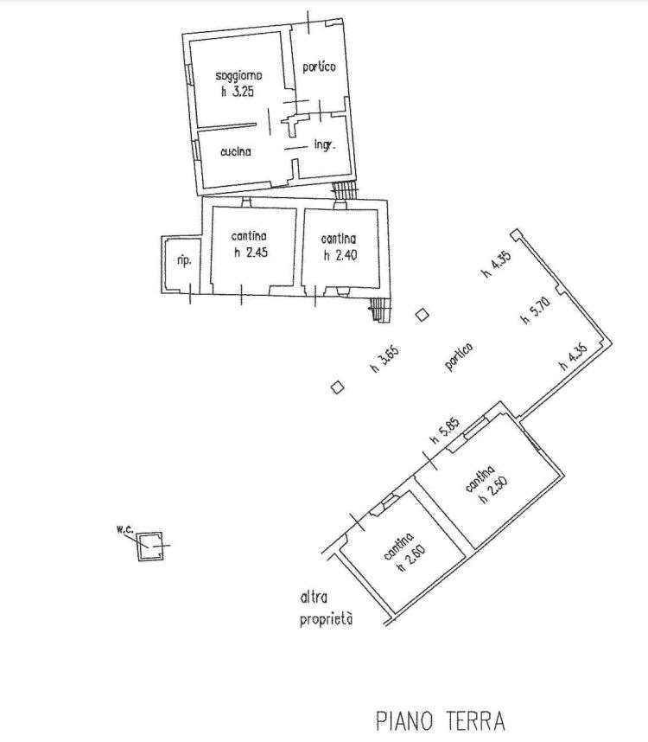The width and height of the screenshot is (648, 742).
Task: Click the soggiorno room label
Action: tap(238, 76)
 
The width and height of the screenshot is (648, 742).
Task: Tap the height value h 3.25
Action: tap(238, 92)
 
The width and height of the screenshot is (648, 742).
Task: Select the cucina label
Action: tap(236, 152)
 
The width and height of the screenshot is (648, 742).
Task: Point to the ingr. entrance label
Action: tap(325, 144)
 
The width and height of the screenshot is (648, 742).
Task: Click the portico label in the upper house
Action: tap(319, 67)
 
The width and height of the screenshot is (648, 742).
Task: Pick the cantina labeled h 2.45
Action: tap(249, 236)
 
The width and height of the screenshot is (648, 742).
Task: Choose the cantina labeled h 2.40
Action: tap(339, 239)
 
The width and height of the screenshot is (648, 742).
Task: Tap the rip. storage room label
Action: tap(184, 261)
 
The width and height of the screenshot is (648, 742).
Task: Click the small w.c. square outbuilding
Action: tap(150, 546)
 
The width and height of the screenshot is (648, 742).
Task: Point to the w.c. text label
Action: tap(124, 529)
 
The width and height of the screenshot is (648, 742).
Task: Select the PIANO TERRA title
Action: tap(441, 721)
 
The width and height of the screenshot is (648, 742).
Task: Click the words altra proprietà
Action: tap(326, 609)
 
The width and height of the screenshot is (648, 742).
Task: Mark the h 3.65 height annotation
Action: tap(384, 359)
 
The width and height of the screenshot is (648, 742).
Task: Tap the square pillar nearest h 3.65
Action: tap(337, 387)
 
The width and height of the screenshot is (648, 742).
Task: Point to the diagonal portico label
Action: tap(459, 356)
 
